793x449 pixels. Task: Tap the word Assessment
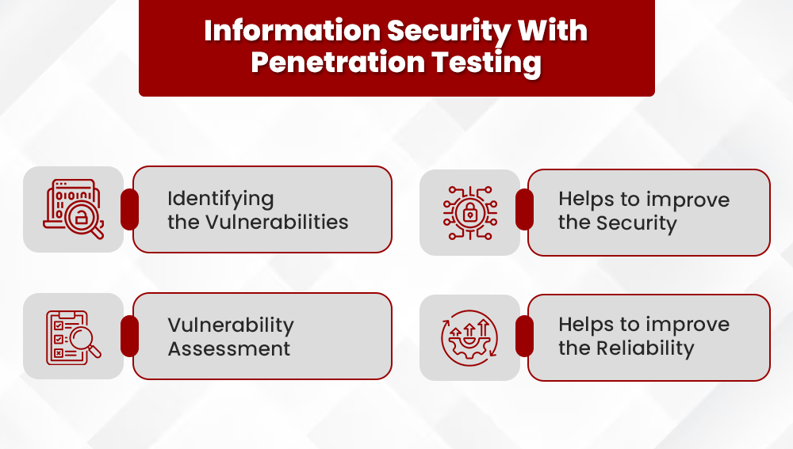[229, 348]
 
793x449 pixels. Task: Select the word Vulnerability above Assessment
[231, 325]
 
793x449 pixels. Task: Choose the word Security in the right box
[638, 223]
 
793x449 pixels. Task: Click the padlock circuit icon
[469, 212]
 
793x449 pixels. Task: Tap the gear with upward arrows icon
[469, 337]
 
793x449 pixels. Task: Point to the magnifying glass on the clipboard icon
[84, 340]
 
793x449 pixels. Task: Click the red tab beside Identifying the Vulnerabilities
[129, 209]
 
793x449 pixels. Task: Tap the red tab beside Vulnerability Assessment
[129, 336]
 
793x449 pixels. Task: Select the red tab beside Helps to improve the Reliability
[524, 336]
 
